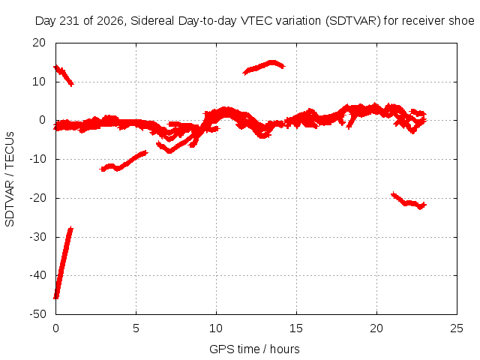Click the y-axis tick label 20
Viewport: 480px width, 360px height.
click(x=39, y=43)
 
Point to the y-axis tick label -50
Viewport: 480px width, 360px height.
click(x=37, y=314)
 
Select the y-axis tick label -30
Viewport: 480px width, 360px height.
click(x=37, y=237)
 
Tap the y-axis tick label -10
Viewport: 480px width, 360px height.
click(x=37, y=159)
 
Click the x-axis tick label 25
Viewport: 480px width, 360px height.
click(x=457, y=328)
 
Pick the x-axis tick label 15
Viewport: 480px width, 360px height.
click(x=296, y=328)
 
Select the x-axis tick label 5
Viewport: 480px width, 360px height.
click(x=136, y=328)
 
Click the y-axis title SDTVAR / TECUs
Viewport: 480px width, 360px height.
click(x=10, y=179)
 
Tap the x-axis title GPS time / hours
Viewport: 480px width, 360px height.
click(x=254, y=349)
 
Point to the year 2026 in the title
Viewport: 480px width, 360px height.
click(x=111, y=21)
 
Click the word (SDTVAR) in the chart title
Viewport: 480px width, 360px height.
click(x=353, y=21)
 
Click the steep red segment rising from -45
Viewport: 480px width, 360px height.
click(x=63, y=262)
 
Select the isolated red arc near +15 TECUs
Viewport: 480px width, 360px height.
click(x=264, y=67)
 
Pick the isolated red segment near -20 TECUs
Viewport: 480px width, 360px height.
click(x=409, y=201)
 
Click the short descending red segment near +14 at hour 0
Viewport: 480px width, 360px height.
click(x=63, y=76)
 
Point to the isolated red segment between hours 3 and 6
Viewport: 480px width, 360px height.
click(x=124, y=161)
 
